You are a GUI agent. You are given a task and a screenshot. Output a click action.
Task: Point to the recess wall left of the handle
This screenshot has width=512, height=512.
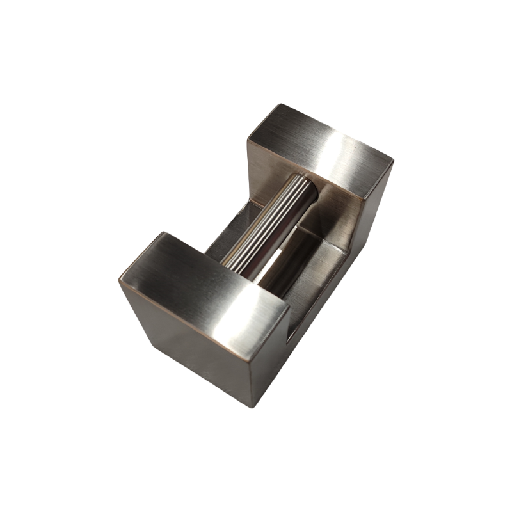[x=224, y=234]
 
